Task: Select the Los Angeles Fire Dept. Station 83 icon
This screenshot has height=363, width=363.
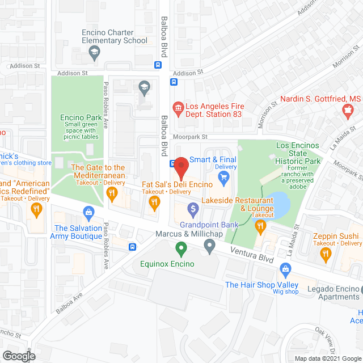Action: [178, 107]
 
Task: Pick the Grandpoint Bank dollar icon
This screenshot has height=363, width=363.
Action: [193, 210]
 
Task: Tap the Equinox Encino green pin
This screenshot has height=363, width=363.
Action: [181, 248]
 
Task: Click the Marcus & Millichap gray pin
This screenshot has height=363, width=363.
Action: [210, 246]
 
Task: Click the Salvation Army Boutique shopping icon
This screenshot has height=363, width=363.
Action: [88, 213]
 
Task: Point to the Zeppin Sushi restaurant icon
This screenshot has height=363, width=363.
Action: [326, 256]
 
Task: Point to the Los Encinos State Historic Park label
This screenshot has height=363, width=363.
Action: [298, 153]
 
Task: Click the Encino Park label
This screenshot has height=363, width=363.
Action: [80, 118]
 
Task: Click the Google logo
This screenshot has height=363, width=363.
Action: [19, 356]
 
